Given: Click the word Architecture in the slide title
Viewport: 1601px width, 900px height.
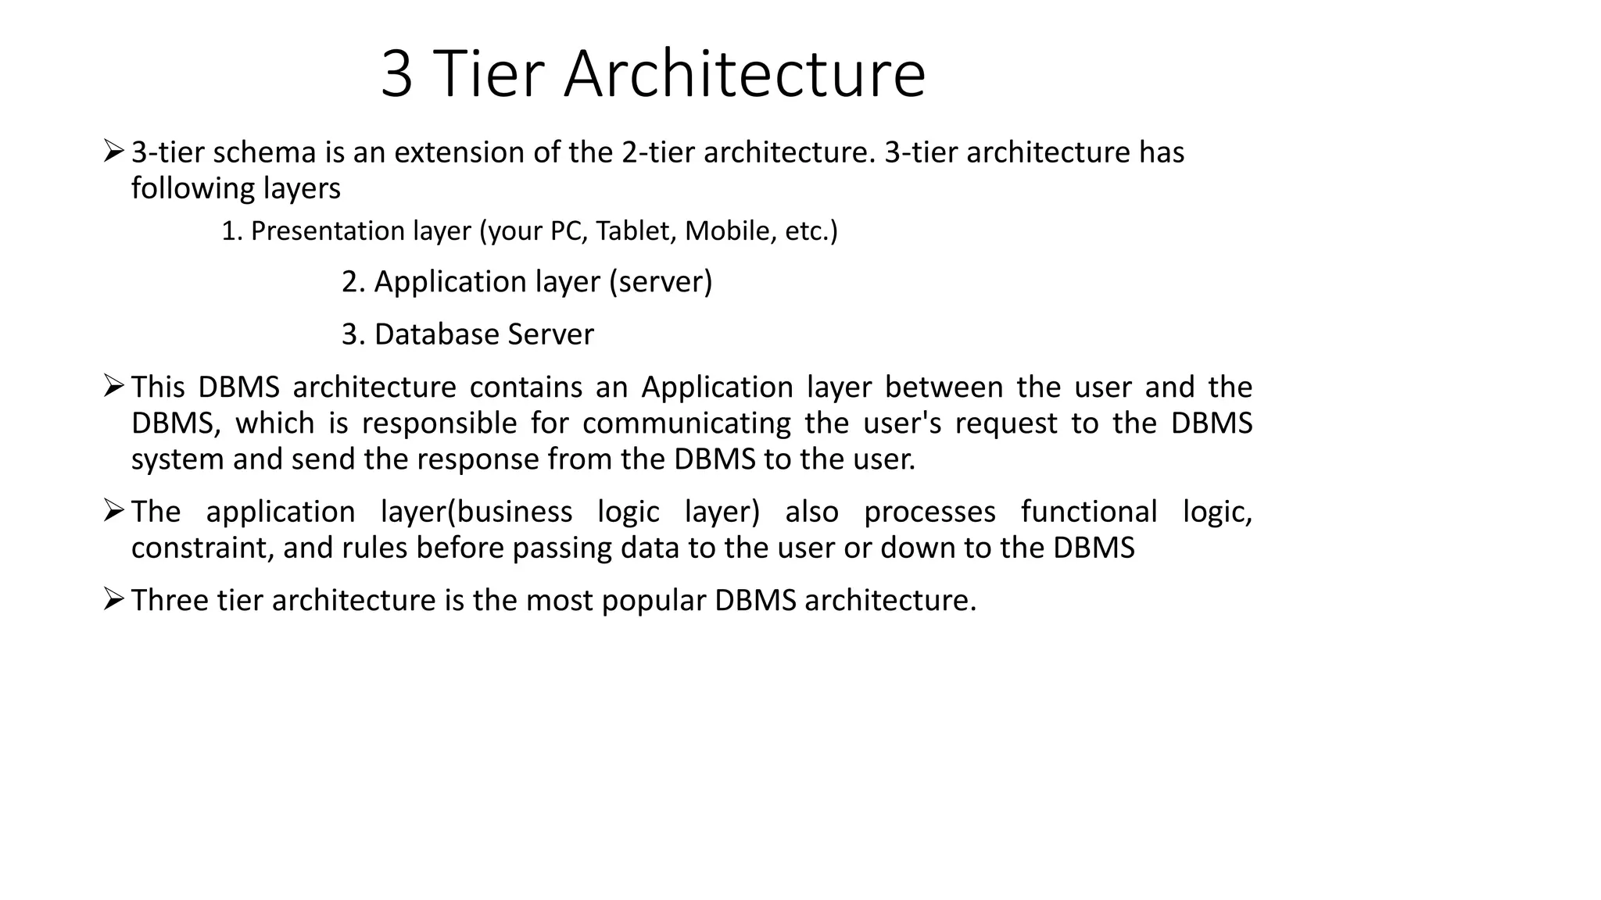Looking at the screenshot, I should click(x=744, y=74).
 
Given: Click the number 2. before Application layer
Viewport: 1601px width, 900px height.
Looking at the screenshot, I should click(x=353, y=282).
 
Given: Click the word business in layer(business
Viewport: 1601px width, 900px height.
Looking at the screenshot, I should click(x=514, y=512).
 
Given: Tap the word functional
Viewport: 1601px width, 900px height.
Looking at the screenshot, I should click(x=1089, y=512).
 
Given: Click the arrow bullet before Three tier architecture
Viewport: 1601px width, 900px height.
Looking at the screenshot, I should click(x=113, y=599).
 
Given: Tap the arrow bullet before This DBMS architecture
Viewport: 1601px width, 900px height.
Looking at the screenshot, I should click(x=113, y=386).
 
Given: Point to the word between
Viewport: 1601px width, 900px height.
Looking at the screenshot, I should click(x=944, y=387).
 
